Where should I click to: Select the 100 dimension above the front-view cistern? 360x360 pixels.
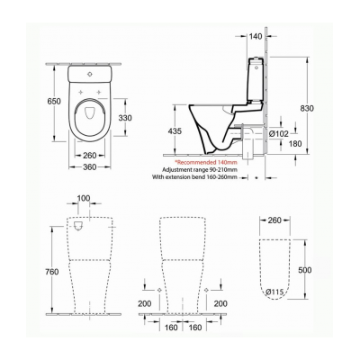point(84,197)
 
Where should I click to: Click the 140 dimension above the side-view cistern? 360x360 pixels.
point(256,37)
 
